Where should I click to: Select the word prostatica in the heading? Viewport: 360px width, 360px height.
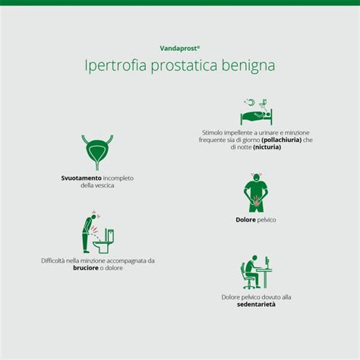[181, 67]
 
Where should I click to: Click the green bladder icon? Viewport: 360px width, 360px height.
[97, 151]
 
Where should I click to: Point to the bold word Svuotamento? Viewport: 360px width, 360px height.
[79, 178]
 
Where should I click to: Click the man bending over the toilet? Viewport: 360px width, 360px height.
[90, 231]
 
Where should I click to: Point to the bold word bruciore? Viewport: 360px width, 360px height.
[87, 268]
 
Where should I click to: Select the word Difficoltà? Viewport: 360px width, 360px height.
[58, 261]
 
